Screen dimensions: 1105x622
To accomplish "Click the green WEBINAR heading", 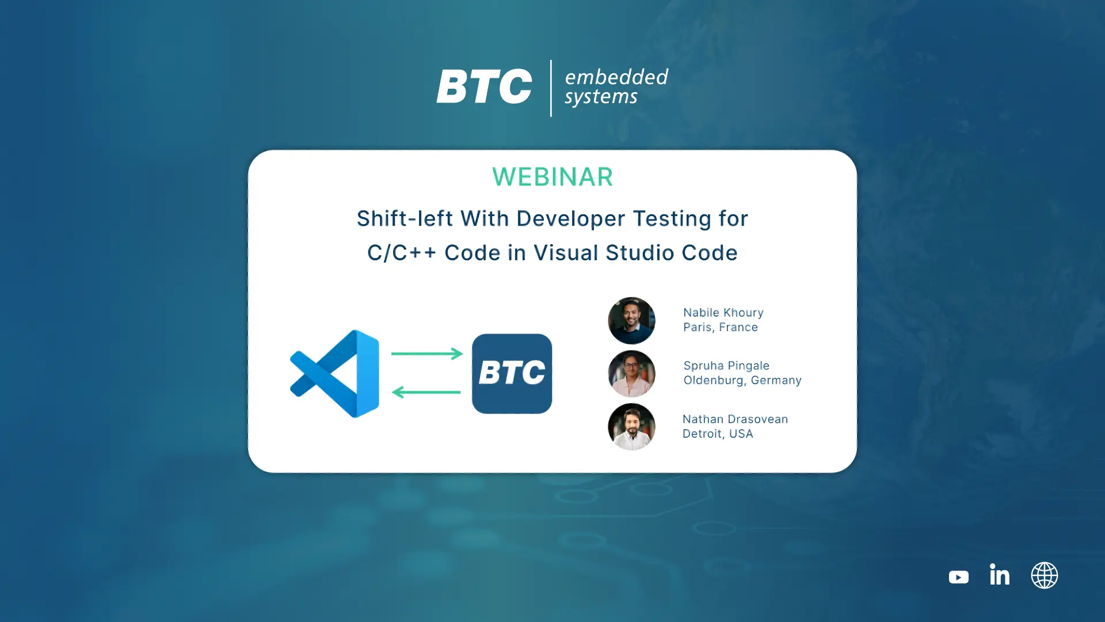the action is [552, 177].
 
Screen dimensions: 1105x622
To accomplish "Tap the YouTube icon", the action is [958, 577].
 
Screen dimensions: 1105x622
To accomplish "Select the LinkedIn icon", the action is [1000, 574].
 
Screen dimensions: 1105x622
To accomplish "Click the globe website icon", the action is [1045, 575].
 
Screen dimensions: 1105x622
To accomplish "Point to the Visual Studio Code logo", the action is [335, 374].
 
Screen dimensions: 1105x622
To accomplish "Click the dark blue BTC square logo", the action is [512, 374].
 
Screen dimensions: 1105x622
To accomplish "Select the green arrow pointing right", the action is [427, 354].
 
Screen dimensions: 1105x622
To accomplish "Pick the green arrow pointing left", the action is [426, 392].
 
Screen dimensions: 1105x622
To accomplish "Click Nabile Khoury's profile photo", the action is [631, 321].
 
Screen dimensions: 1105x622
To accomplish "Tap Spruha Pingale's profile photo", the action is [631, 374].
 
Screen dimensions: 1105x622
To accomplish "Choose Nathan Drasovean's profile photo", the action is [631, 427].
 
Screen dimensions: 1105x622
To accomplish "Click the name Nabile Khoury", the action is [723, 313].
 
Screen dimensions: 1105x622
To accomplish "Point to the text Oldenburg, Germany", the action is [742, 380].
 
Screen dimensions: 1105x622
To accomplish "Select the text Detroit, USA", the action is [718, 434].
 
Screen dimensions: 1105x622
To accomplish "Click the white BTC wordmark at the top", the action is [484, 86].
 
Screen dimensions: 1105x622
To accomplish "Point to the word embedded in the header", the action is [616, 77].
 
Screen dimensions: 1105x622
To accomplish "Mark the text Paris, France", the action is [721, 327].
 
